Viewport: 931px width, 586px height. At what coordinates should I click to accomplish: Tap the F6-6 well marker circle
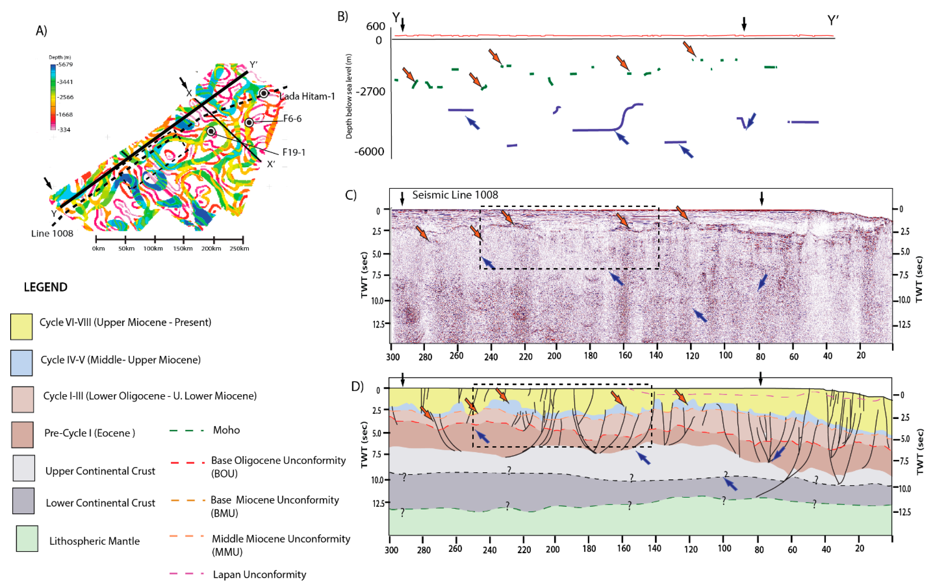[x=249, y=123]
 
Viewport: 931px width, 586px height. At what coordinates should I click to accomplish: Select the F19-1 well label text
[x=294, y=152]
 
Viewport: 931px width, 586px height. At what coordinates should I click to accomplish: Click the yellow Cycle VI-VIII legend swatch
[x=21, y=327]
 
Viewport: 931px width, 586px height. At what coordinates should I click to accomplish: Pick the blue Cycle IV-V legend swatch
[x=21, y=363]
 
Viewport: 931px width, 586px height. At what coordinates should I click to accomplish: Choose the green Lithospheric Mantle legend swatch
[x=27, y=538]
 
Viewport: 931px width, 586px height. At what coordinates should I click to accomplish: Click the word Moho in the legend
[x=226, y=430]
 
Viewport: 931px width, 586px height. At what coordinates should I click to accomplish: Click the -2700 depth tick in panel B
[x=370, y=92]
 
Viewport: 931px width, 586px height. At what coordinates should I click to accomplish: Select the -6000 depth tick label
[x=369, y=152]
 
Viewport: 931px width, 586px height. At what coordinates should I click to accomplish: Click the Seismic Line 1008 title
[x=455, y=195]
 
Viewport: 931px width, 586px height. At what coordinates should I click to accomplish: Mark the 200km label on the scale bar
[x=211, y=249]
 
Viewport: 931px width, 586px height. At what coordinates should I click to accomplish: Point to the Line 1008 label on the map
[x=52, y=233]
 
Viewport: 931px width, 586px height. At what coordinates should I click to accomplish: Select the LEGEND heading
[x=46, y=287]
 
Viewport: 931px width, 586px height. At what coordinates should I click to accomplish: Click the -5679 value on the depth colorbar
[x=64, y=64]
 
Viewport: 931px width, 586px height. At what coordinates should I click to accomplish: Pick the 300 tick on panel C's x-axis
[x=393, y=356]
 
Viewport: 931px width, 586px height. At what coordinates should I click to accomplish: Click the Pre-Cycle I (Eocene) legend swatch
[x=22, y=434]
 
